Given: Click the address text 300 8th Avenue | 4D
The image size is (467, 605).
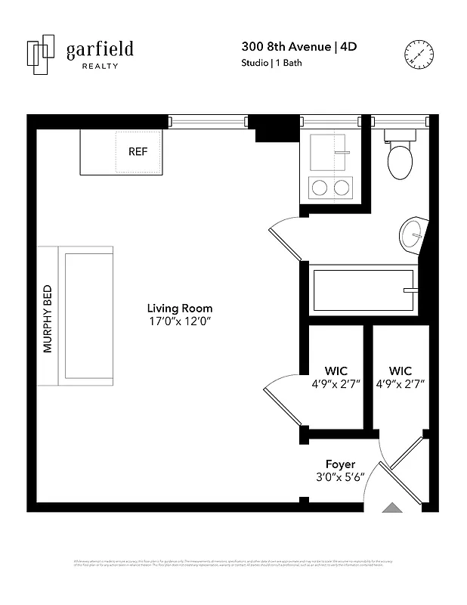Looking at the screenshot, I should click(x=298, y=47).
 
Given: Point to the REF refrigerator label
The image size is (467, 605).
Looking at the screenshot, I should click(x=138, y=151).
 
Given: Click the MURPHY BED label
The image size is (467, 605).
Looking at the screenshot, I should click(x=48, y=318).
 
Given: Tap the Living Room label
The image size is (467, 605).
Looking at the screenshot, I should click(x=179, y=308).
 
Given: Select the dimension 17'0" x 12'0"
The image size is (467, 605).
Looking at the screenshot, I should click(x=179, y=321).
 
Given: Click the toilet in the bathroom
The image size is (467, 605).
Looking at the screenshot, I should click(x=399, y=157).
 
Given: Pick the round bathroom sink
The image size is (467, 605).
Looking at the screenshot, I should click(x=413, y=231).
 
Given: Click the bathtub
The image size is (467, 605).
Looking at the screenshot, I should click(x=364, y=290).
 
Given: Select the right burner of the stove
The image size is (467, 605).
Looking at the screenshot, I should click(x=342, y=187).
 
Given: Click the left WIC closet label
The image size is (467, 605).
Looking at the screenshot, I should click(x=336, y=371).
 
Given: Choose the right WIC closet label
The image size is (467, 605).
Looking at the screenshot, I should click(x=401, y=371).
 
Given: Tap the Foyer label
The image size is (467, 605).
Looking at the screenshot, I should click(x=340, y=464).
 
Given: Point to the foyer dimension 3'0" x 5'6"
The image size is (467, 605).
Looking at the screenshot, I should click(x=340, y=477).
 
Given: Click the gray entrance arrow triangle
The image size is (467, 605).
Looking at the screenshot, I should click(x=392, y=509).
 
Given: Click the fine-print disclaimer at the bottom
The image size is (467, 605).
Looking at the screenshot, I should click(x=233, y=563).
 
